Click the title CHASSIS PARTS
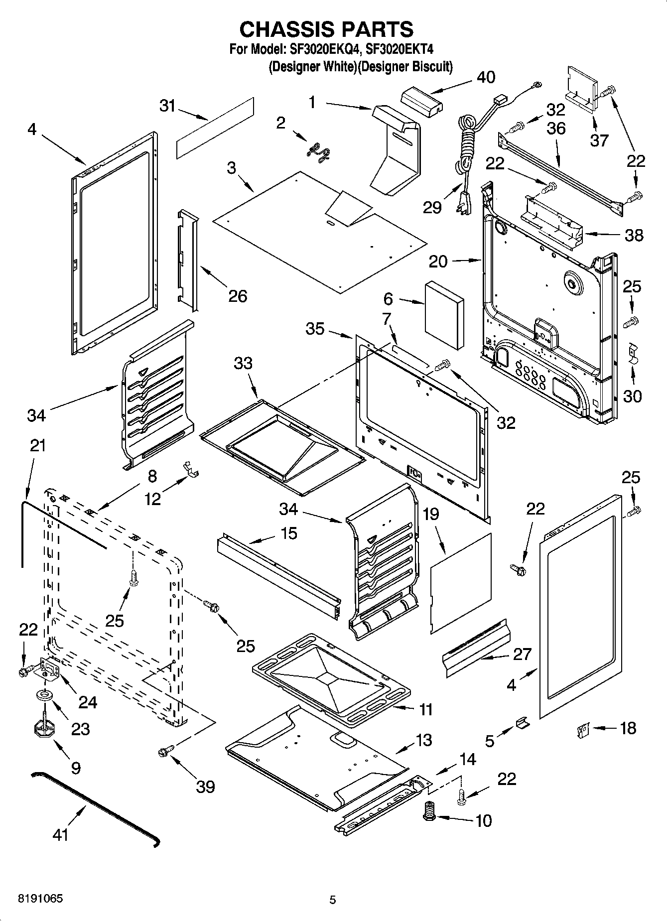coord(326,29)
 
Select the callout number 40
coord(486,77)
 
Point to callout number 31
coord(168,106)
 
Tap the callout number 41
coord(60,834)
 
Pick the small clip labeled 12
coord(189,469)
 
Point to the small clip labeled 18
coord(580,729)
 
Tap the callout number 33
coord(243,363)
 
